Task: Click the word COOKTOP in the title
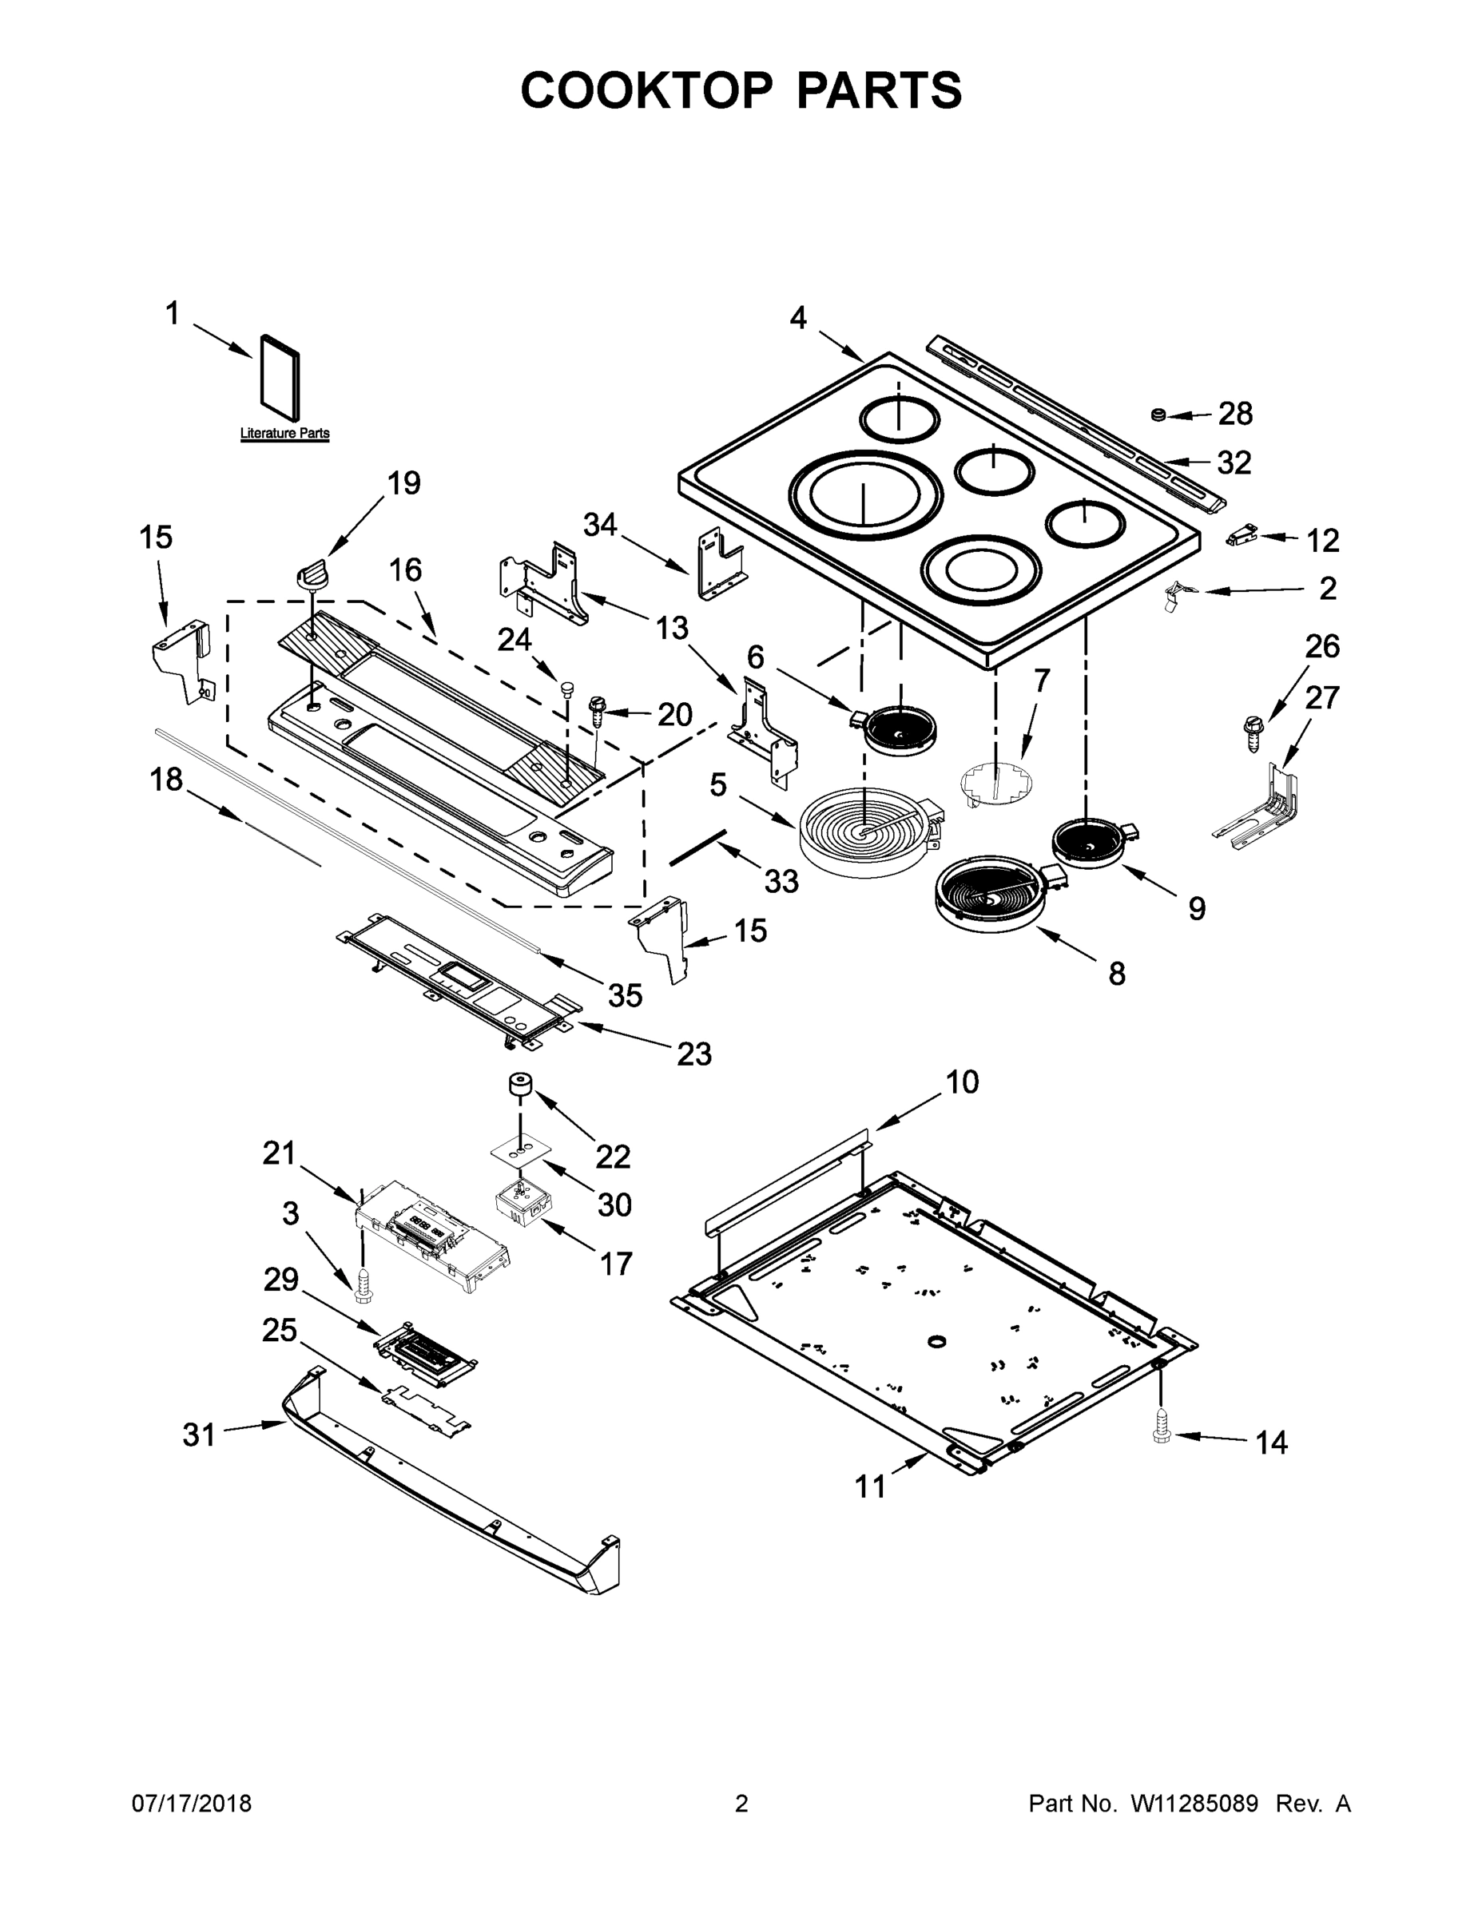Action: tap(647, 90)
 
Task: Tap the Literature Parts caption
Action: tap(284, 434)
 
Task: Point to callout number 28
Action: tap(1234, 414)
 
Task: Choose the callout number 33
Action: tap(781, 880)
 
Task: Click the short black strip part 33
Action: tap(698, 846)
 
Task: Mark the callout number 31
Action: tap(198, 1435)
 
